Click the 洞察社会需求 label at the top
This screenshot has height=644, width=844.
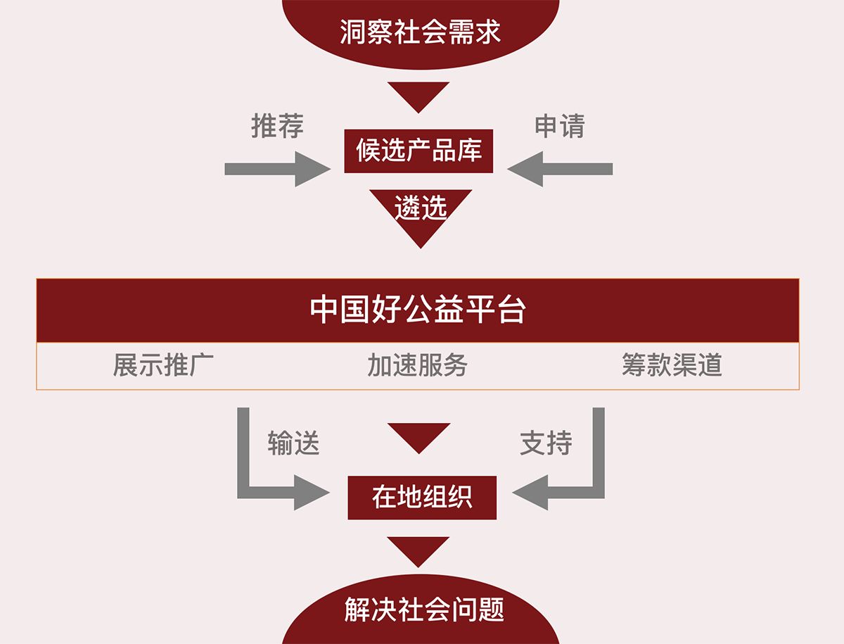tap(420, 32)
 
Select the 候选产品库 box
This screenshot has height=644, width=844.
tap(418, 151)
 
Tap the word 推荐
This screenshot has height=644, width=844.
tap(277, 126)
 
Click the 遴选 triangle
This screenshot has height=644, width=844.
tap(421, 210)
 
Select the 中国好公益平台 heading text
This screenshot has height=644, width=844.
tap(418, 310)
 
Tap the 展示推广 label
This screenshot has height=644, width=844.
tap(163, 365)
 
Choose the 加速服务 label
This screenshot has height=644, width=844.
tap(417, 365)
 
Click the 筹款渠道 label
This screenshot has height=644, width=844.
tap(672, 365)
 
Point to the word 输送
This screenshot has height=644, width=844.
tap(293, 443)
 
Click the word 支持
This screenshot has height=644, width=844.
tap(546, 443)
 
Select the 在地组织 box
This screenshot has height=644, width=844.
tap(422, 498)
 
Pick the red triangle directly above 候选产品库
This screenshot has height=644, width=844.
tap(418, 95)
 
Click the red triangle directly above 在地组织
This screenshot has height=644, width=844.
tap(418, 436)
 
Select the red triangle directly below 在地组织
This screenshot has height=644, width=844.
tap(418, 550)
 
